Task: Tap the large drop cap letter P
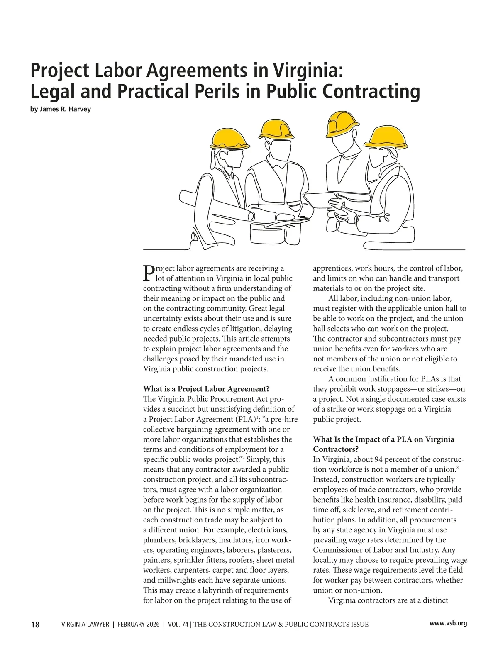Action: pyautogui.click(x=148, y=272)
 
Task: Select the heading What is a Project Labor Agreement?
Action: pyautogui.click(x=206, y=389)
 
